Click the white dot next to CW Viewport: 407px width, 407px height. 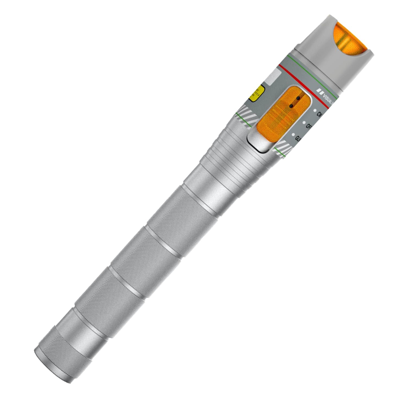tap(314, 111)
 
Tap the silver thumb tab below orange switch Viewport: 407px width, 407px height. tap(258, 142)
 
